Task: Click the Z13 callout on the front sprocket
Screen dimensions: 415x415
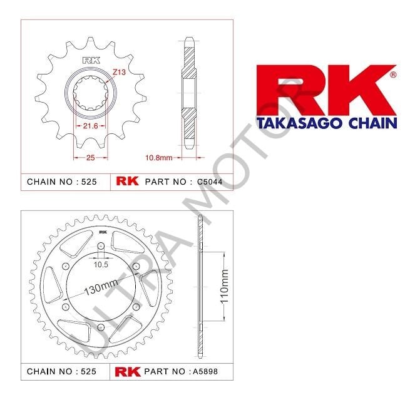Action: [x=119, y=73]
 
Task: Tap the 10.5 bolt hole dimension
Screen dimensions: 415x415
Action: [x=100, y=265]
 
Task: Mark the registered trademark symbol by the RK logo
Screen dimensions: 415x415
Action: [x=392, y=74]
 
